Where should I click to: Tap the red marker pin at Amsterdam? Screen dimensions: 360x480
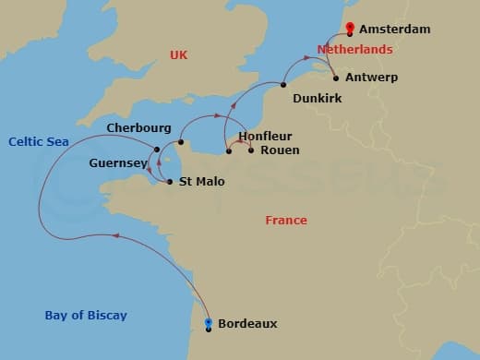pos(349,29)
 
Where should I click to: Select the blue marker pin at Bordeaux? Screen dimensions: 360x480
pos(209,323)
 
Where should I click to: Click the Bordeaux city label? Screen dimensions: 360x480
pos(247,324)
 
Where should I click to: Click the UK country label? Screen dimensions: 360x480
pos(178,55)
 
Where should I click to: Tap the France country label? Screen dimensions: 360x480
pos(286,221)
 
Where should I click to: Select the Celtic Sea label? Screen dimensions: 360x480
pos(34,141)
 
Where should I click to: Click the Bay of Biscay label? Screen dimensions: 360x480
pos(86,316)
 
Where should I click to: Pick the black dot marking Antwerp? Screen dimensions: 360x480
pos(335,78)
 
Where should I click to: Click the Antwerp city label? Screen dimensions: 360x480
pos(372,78)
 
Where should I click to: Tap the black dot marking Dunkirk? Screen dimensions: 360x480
pos(283,85)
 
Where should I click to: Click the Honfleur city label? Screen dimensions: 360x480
pos(265,136)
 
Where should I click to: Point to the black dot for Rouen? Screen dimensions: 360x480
pos(251,150)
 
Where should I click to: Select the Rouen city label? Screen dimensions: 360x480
pos(280,150)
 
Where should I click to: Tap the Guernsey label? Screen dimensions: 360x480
pos(117,162)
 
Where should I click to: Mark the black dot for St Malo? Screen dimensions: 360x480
pos(170,182)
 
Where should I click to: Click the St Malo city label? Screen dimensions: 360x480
pos(199,182)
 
